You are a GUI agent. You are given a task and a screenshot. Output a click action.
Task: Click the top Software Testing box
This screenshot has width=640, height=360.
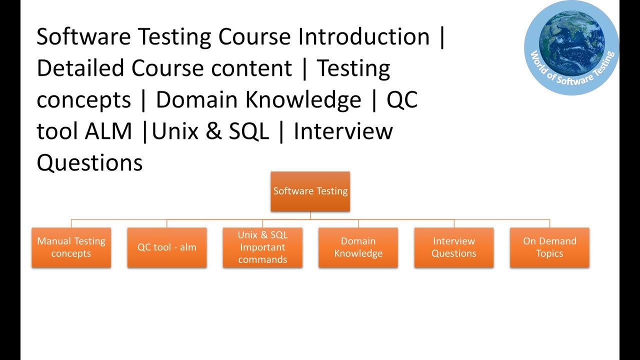tap(310, 191)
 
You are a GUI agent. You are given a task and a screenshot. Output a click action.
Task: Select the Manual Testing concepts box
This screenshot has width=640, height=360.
tap(71, 247)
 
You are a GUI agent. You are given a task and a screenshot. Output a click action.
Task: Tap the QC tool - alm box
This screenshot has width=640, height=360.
tap(167, 247)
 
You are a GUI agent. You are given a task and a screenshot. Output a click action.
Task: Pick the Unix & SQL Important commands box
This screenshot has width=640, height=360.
tap(262, 247)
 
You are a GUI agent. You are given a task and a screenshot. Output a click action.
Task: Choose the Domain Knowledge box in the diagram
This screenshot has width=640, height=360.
tap(358, 247)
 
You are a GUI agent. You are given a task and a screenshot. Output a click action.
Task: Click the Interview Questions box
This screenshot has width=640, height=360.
tap(453, 247)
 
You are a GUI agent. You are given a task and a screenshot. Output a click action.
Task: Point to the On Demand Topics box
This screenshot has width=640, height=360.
tap(549, 247)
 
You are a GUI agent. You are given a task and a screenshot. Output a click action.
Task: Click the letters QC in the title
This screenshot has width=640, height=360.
tap(402, 100)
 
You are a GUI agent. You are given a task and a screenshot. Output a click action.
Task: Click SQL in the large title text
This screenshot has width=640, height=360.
tap(248, 131)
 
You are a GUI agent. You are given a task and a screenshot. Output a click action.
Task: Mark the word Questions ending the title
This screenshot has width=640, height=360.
tap(89, 163)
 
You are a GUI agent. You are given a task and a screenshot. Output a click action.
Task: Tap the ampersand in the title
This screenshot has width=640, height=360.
tap(212, 131)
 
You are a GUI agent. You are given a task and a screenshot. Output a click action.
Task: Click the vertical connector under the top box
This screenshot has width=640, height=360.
tap(310, 215)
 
